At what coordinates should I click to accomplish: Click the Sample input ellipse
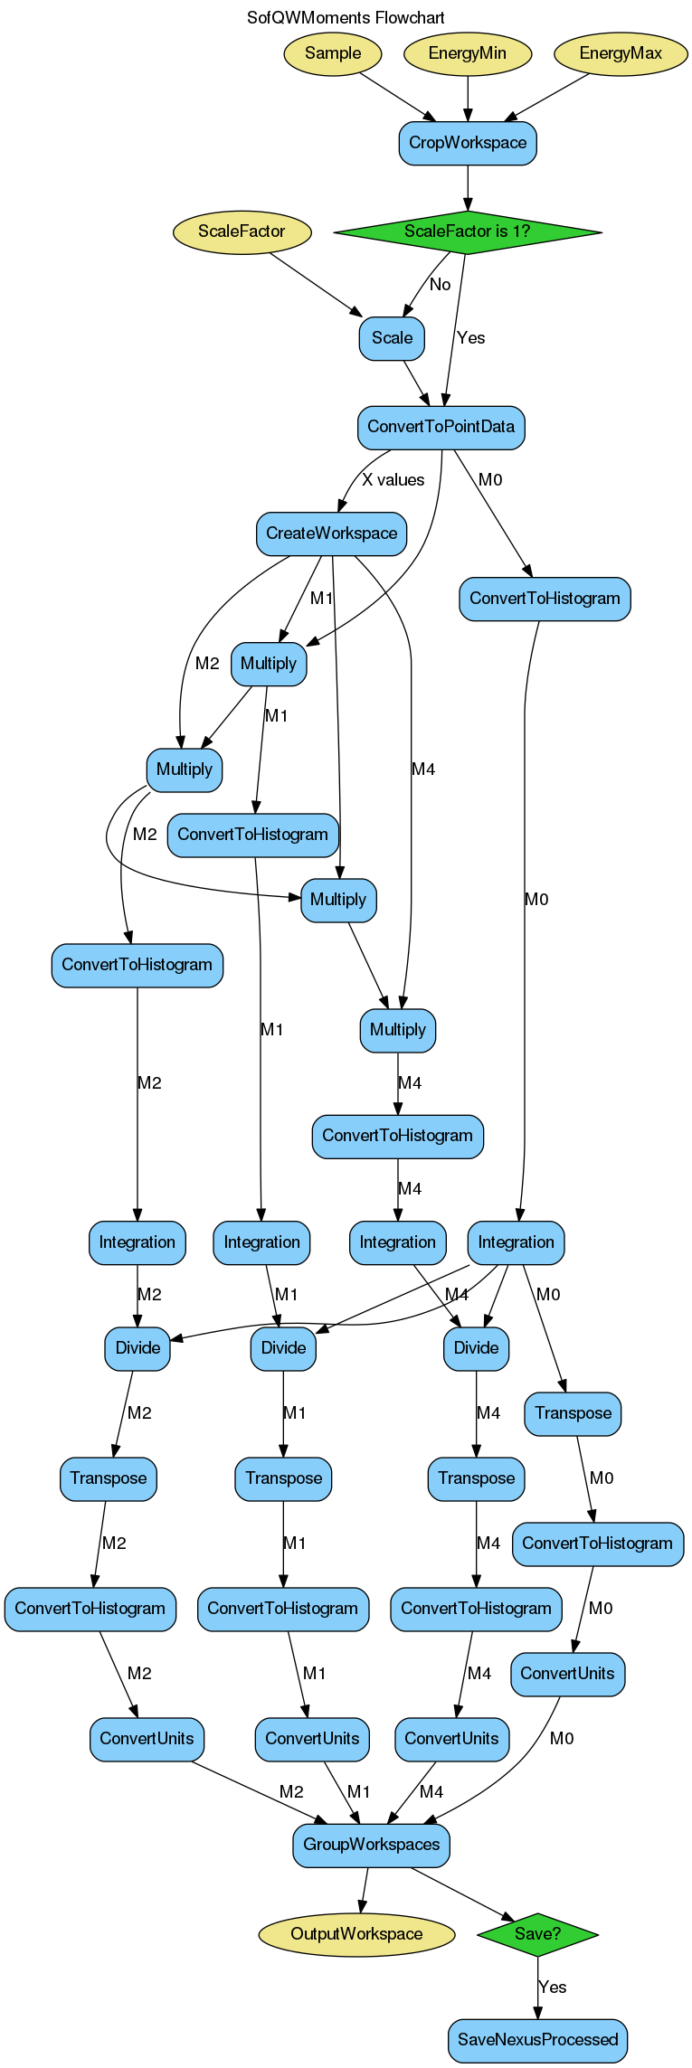pyautogui.click(x=332, y=53)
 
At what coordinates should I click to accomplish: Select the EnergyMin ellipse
pyautogui.click(x=467, y=53)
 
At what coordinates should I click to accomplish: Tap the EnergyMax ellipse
pyautogui.click(x=620, y=53)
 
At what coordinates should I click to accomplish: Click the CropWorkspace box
pyautogui.click(x=467, y=143)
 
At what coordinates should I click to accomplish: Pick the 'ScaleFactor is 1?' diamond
pyautogui.click(x=467, y=231)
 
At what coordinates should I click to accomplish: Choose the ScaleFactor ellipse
pyautogui.click(x=242, y=231)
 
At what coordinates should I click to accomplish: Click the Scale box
pyautogui.click(x=392, y=338)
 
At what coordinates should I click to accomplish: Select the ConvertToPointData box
pyautogui.click(x=441, y=427)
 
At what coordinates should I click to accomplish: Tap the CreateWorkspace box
pyautogui.click(x=331, y=534)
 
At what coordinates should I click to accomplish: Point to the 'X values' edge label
pyautogui.click(x=393, y=480)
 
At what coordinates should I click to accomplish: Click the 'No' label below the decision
pyautogui.click(x=440, y=285)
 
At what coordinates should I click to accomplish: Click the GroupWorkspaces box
pyautogui.click(x=371, y=1845)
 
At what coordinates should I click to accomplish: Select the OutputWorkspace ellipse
pyautogui.click(x=356, y=1934)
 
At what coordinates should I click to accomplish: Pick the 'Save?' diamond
pyautogui.click(x=537, y=1934)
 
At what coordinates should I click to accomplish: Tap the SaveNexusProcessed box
pyautogui.click(x=537, y=2040)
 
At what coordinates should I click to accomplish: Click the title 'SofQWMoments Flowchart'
pyautogui.click(x=346, y=18)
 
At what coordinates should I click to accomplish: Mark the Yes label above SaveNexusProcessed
pyautogui.click(x=552, y=1988)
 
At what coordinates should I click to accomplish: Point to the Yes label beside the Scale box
pyautogui.click(x=470, y=338)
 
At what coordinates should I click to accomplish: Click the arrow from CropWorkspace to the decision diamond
pyautogui.click(x=468, y=187)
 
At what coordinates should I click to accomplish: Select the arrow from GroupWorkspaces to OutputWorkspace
pyautogui.click(x=365, y=1890)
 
